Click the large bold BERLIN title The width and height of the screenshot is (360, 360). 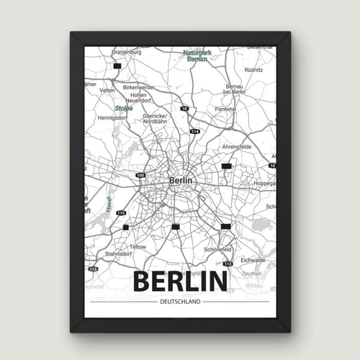[x=179, y=280]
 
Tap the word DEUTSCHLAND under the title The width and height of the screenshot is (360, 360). [x=180, y=301]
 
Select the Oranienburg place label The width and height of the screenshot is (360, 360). [x=127, y=52]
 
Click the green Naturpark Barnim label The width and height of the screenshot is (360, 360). [x=198, y=55]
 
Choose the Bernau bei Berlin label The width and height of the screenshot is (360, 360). [x=235, y=88]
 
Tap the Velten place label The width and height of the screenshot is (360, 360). [x=107, y=91]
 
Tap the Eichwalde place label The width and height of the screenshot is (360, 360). [x=253, y=261]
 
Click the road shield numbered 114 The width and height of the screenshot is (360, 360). [x=194, y=132]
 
